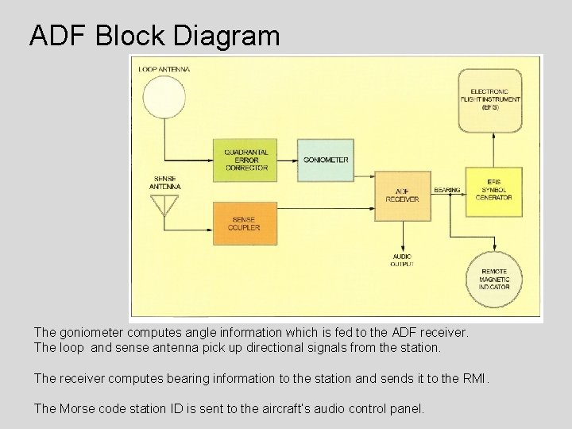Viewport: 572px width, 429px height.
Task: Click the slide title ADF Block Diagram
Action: pos(154,36)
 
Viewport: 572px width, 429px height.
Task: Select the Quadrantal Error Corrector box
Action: pos(245,160)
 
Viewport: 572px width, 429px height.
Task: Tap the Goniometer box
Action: pos(325,159)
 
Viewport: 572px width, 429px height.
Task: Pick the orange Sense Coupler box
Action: pos(245,222)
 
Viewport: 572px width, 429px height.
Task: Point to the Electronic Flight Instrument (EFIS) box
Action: pos(490,100)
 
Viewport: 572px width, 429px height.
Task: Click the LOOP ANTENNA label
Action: pos(164,69)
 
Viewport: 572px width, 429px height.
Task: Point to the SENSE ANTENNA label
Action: pos(165,183)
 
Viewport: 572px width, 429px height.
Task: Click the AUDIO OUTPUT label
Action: pos(402,260)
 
